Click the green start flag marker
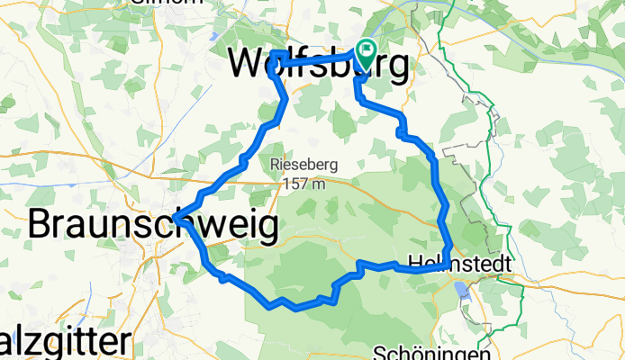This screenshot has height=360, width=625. pyautogui.click(x=367, y=50)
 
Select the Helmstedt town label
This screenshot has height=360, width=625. pyautogui.click(x=460, y=264)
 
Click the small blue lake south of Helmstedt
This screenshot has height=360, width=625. pyautogui.click(x=462, y=290)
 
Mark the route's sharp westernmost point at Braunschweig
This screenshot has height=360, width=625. pyautogui.click(x=175, y=218)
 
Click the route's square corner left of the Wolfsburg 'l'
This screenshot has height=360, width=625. pyautogui.click(x=271, y=56)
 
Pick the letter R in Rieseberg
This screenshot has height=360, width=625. pyautogui.click(x=274, y=166)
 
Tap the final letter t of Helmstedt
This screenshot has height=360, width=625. pyautogui.click(x=507, y=264)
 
